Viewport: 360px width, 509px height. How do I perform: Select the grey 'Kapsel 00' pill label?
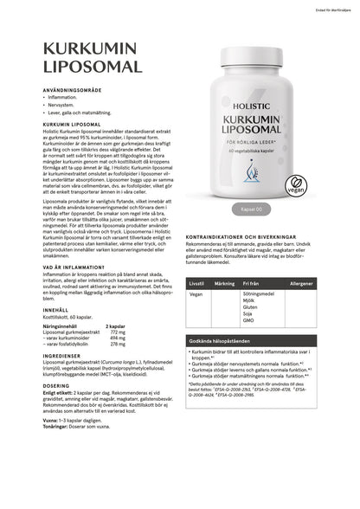coord(257,210)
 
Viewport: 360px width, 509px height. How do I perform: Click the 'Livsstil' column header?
coord(196,283)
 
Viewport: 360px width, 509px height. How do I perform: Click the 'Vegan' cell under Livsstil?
coord(196,294)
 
